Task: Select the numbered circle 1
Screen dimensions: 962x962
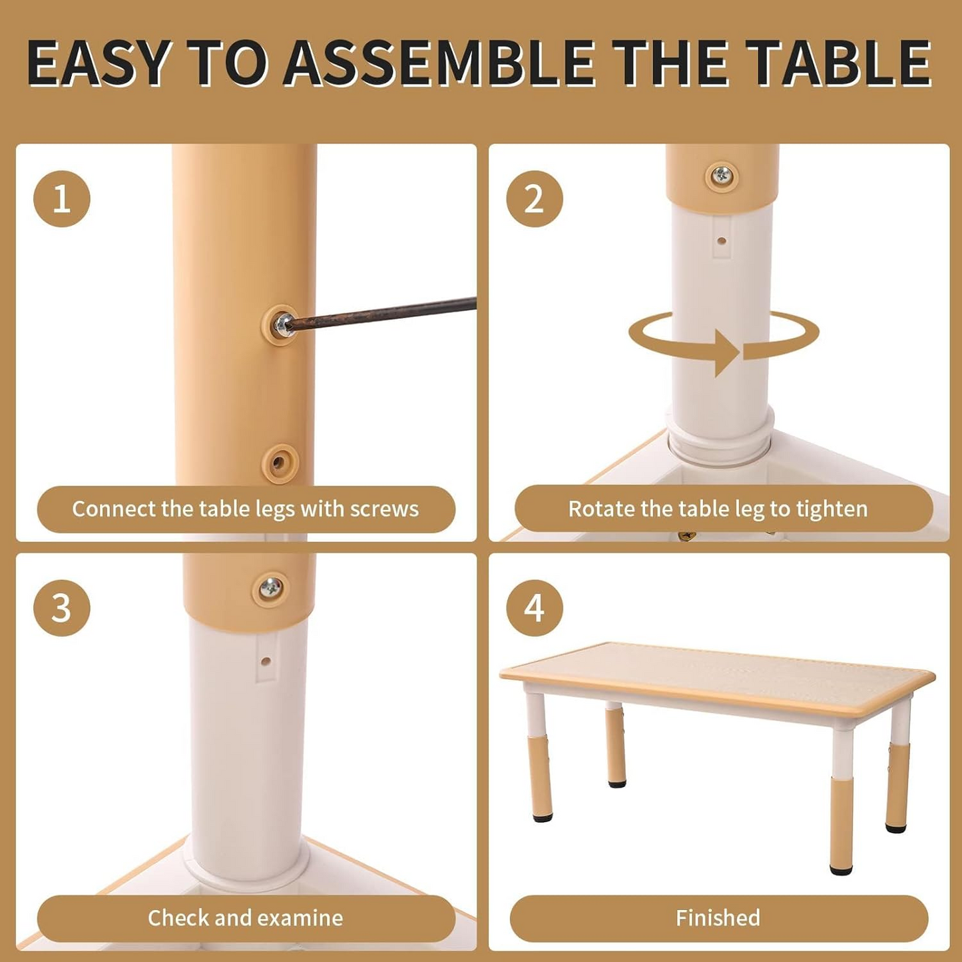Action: (62, 199)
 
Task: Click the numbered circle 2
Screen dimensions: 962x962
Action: (534, 199)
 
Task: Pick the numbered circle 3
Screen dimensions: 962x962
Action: (62, 608)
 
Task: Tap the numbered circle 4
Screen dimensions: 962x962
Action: (534, 608)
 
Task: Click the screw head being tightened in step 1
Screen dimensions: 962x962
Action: (282, 324)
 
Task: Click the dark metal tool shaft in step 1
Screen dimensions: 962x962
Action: (386, 313)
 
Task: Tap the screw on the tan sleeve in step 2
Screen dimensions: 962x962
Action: (722, 176)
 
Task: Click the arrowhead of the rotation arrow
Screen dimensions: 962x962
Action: (727, 352)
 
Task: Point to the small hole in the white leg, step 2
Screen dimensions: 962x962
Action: (722, 241)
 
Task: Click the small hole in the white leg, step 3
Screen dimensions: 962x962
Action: (266, 662)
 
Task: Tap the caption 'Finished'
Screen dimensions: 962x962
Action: (718, 918)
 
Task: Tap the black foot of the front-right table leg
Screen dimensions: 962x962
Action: (841, 869)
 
